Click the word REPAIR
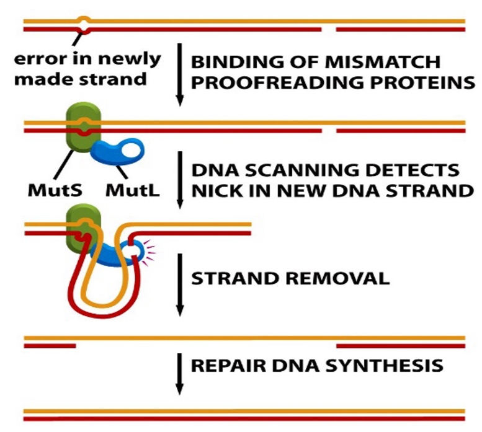(x=222, y=365)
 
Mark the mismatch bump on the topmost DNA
(x=84, y=24)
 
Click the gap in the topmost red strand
(x=329, y=29)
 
